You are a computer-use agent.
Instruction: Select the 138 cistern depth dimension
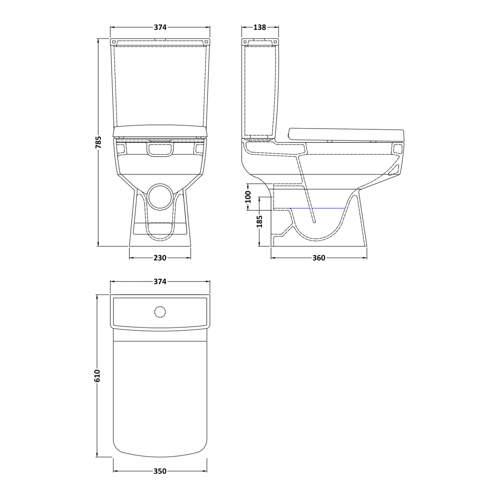(x=260, y=27)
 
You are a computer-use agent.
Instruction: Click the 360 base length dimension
(x=319, y=258)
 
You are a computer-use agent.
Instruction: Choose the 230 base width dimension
(x=160, y=258)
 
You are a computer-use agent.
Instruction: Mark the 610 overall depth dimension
(x=97, y=375)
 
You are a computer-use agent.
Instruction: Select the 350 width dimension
(x=160, y=471)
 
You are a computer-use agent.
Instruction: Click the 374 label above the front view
(x=160, y=27)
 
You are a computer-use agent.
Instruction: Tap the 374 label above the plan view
(x=160, y=282)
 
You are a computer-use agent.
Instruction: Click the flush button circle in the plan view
(x=160, y=312)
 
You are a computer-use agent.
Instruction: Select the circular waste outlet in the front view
(x=160, y=197)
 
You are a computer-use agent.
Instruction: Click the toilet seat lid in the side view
(x=346, y=134)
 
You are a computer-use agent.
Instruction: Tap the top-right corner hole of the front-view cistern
(x=207, y=42)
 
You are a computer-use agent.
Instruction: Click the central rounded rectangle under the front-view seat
(x=160, y=150)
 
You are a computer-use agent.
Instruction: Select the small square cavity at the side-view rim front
(x=397, y=149)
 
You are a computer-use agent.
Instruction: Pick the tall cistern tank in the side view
(x=260, y=90)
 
